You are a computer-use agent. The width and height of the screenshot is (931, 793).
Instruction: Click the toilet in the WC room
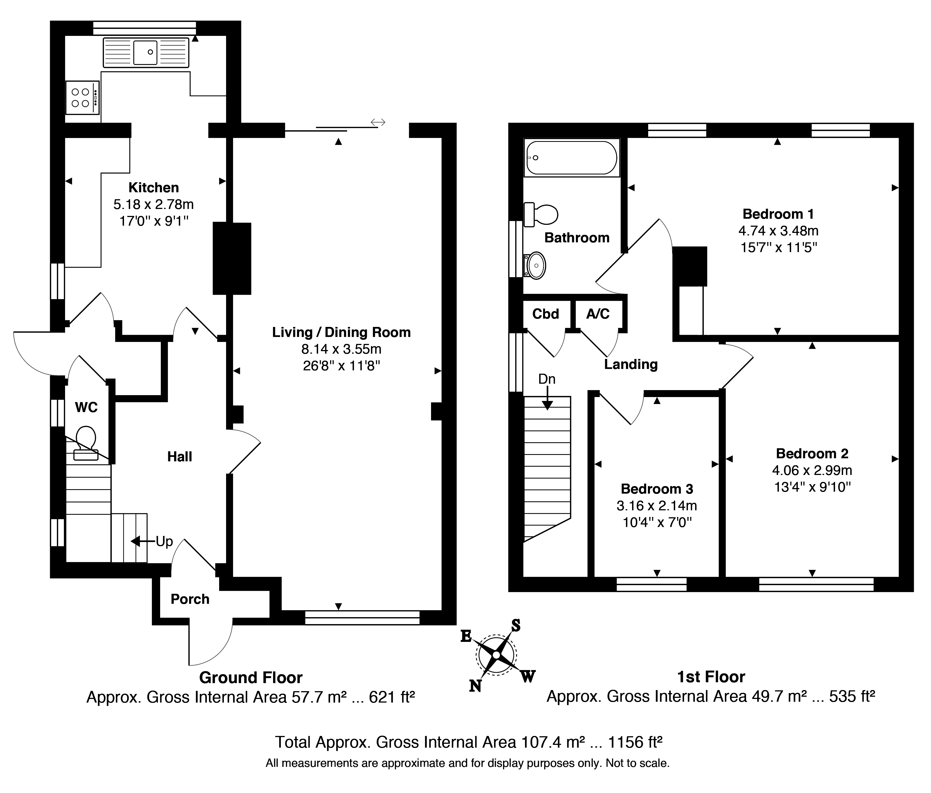pos(86,443)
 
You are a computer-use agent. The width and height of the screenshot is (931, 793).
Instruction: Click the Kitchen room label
pos(154,188)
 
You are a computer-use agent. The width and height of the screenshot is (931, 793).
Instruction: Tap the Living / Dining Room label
pos(341,332)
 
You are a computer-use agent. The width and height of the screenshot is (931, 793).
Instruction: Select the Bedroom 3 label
pos(657,489)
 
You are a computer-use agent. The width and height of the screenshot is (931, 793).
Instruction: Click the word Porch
pos(190,599)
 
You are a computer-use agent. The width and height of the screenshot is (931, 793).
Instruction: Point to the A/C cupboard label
pos(598,314)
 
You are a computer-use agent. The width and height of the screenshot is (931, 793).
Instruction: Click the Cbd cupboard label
pos(546,314)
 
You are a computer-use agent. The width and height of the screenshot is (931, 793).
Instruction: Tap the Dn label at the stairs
pos(547,379)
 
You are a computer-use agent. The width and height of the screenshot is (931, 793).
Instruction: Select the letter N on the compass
pos(475,686)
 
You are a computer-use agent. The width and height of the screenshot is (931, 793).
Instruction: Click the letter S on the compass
pos(516,625)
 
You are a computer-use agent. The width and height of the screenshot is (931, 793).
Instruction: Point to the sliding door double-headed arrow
pos(378,122)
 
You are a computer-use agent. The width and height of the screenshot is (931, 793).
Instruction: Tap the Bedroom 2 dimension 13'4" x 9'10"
pos(812,487)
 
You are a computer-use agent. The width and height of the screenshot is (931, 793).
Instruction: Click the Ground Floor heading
pos(251,678)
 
